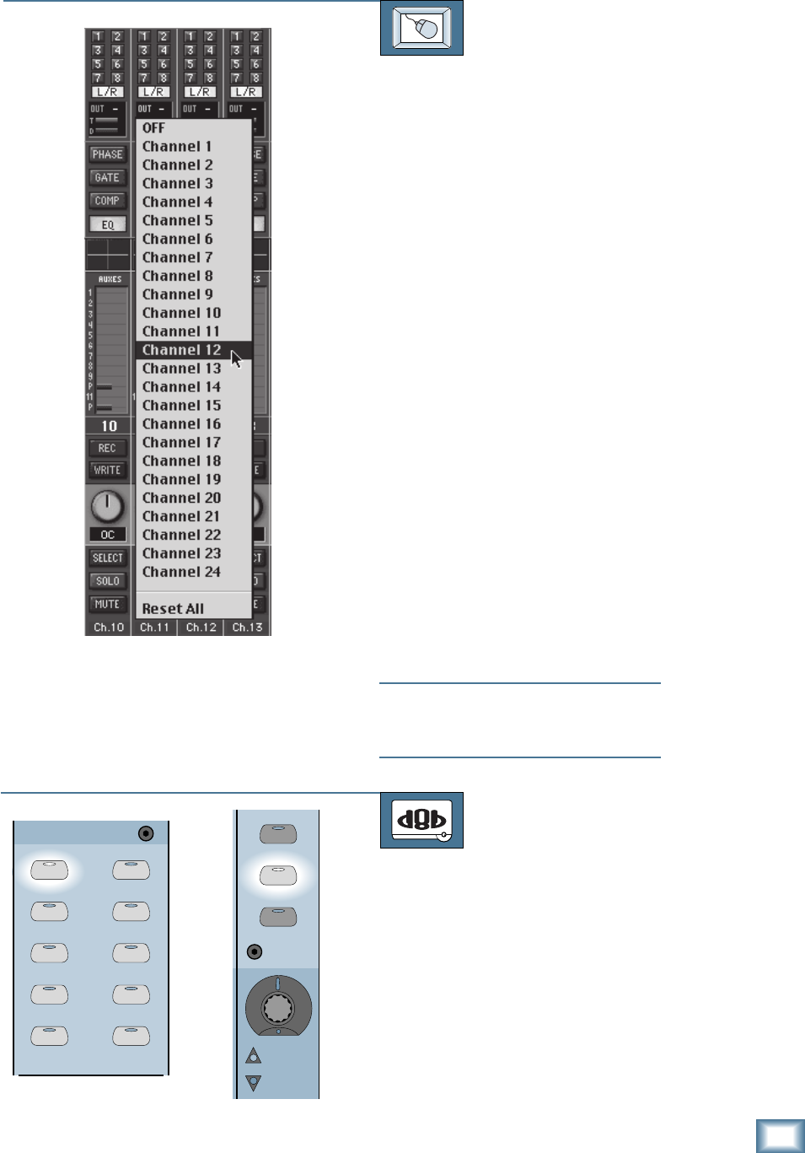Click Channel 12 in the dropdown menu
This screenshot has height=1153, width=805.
(182, 350)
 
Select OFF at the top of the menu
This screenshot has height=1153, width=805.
(153, 128)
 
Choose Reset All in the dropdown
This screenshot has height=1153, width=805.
(173, 609)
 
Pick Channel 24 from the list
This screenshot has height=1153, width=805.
(181, 572)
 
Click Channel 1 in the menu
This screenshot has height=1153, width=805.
(177, 147)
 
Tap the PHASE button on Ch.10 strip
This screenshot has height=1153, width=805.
(107, 154)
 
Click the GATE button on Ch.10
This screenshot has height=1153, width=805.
(107, 178)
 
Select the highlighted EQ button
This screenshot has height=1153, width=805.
(107, 224)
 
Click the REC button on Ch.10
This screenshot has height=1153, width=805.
(107, 448)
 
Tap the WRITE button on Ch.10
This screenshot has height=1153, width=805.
(107, 471)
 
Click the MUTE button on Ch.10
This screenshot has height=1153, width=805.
(107, 604)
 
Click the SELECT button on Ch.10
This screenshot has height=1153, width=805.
(107, 558)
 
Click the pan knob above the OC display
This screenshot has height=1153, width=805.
(107, 506)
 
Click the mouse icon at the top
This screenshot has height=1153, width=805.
(421, 28)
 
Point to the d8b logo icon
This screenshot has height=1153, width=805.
(421, 820)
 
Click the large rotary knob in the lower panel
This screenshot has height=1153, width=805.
(278, 1007)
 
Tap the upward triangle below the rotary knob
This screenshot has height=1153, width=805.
(253, 1056)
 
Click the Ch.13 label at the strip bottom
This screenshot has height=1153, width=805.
(247, 628)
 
